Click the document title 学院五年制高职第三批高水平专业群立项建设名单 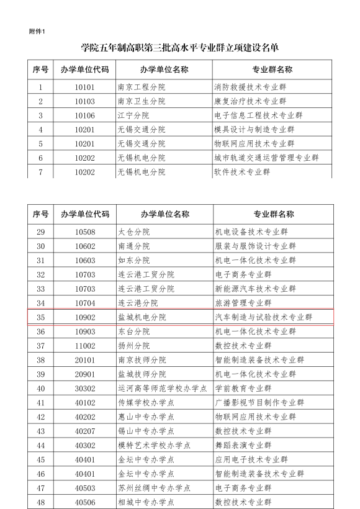coord(179,48)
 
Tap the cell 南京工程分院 coord(142,88)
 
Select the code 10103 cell coord(84,102)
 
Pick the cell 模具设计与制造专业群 coord(254,130)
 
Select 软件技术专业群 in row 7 coord(242,172)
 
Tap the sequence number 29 coord(40,232)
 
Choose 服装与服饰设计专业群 coord(254,246)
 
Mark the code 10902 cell coord(84,317)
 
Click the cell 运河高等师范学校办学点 coord(163,388)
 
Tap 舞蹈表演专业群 coord(242,445)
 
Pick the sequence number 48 coord(40,502)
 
